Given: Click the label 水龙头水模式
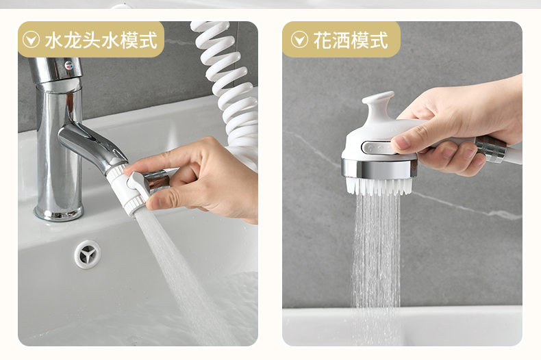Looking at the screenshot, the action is tap(101, 40).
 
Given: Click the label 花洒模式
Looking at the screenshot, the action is tap(351, 40).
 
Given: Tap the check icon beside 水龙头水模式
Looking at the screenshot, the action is tap(31, 40).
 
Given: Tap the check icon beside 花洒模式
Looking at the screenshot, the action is tap(299, 40).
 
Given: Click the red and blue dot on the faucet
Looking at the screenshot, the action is tap(69, 64).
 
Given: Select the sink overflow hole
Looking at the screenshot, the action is tap(88, 255).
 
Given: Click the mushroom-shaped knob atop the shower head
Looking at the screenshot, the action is tap(378, 103).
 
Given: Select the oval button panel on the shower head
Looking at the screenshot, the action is tap(377, 149).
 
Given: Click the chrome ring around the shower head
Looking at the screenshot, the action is tap(379, 169).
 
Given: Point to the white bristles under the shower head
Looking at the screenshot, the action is tap(379, 186).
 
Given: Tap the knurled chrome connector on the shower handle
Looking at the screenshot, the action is tap(491, 149).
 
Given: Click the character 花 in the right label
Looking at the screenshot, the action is tap(323, 40).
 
